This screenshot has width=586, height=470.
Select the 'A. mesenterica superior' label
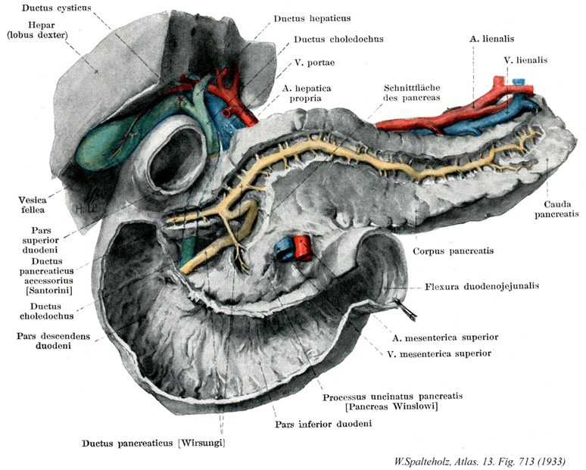(x=448, y=336)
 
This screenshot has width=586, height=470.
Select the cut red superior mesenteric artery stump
(x=304, y=247)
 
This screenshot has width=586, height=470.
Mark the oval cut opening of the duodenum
(x=174, y=160)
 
